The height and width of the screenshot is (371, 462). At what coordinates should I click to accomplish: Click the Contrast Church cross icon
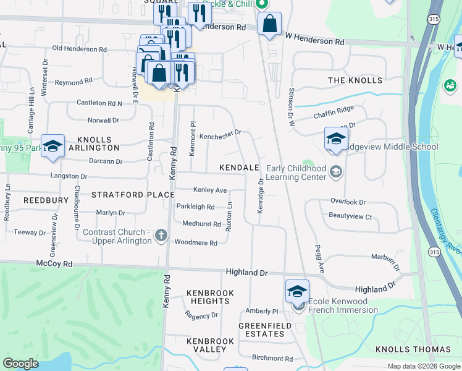click(161, 234)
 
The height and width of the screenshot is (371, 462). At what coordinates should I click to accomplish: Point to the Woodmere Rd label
click(196, 243)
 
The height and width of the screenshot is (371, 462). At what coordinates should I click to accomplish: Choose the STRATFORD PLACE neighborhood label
click(133, 195)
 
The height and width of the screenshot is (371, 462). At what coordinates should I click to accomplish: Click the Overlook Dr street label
click(348, 202)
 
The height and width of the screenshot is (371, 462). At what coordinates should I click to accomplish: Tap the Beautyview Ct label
click(350, 216)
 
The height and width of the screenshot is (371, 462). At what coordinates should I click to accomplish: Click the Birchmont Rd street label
click(272, 358)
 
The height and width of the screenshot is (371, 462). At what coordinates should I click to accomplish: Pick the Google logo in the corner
click(21, 364)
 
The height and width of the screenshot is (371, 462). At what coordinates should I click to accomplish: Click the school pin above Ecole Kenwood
click(297, 291)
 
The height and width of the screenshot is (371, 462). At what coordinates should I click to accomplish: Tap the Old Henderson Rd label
click(80, 49)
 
